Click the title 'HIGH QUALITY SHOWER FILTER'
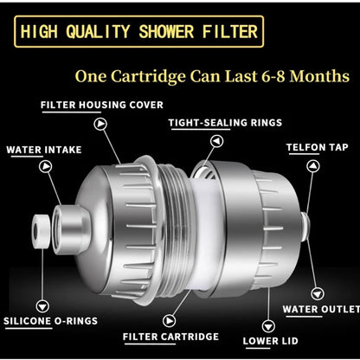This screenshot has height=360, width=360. click(138, 33)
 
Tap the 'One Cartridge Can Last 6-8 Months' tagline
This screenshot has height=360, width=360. click(212, 76)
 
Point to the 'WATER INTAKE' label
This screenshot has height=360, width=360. click(39, 149)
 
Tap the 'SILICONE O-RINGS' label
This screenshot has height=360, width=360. click(49, 321)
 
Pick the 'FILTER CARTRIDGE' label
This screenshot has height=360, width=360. click(170, 337)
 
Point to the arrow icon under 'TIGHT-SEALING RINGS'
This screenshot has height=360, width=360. click(176, 138)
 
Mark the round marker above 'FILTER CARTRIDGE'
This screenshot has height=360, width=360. click(170, 318)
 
